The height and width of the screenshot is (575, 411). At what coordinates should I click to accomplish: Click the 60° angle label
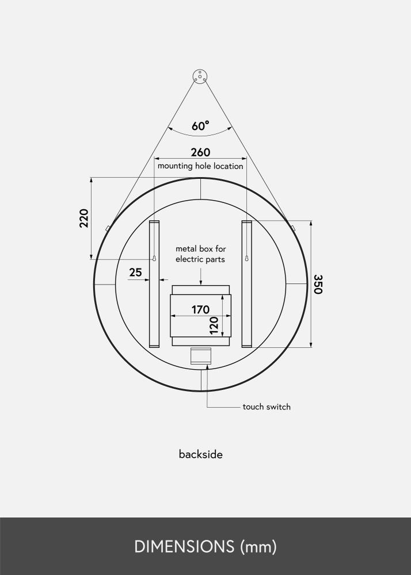coord(200,126)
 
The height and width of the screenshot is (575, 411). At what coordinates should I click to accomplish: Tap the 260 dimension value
coord(200,152)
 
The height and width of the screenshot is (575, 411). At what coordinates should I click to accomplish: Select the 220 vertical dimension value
coord(84,218)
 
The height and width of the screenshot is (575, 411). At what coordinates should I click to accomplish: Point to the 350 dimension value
coord(317,284)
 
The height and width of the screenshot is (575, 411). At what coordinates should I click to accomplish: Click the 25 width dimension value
coord(135,273)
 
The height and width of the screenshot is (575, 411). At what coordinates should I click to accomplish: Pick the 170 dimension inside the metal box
coord(200,309)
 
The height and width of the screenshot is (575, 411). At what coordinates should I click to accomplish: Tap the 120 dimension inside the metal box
coord(214,326)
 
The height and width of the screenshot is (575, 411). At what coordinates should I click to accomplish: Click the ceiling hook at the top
coord(200,76)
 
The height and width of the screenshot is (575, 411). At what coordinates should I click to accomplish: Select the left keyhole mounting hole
coord(154,259)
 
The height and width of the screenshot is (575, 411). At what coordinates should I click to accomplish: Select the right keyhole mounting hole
coord(246,259)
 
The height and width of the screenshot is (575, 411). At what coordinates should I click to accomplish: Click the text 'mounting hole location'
coord(200,166)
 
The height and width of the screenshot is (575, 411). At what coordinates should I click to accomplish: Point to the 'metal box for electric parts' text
coord(200,254)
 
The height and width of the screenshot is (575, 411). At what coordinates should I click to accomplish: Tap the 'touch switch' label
coord(267,407)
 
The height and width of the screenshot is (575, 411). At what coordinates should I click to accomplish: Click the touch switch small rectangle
coord(201,356)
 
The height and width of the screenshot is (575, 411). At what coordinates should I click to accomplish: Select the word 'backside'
coord(200,454)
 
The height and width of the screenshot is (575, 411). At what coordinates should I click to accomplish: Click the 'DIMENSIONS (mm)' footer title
coord(205,547)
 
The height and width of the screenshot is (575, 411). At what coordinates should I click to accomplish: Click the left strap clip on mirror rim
coord(108,228)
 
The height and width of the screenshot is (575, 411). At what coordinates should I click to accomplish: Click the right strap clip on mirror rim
coord(293,228)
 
